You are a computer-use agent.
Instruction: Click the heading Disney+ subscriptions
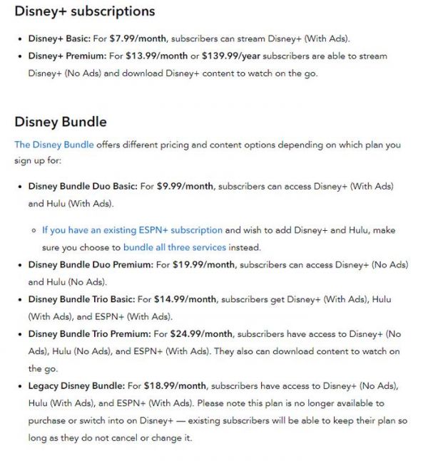84,11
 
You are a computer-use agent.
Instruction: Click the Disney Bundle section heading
61,122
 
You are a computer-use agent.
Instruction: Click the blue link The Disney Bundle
54,145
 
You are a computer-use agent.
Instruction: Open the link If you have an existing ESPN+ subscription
132,230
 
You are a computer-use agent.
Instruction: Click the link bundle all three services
175,247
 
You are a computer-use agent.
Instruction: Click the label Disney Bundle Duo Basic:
83,187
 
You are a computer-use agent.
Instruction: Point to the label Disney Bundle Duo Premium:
91,265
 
